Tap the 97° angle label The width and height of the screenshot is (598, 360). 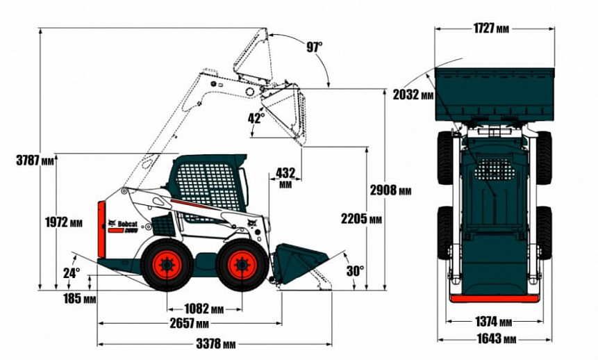315,47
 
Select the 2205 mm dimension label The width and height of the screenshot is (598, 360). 361,220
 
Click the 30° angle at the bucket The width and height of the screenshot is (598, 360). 354,271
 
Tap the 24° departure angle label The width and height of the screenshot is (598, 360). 72,273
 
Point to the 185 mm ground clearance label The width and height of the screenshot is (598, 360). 79,300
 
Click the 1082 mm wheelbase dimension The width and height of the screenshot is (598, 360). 204,309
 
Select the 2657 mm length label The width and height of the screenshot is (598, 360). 190,324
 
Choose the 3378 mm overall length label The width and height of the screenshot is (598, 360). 215,343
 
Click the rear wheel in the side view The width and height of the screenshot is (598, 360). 166,265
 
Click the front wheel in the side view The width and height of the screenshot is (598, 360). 240,265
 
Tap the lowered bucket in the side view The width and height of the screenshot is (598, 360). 299,263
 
